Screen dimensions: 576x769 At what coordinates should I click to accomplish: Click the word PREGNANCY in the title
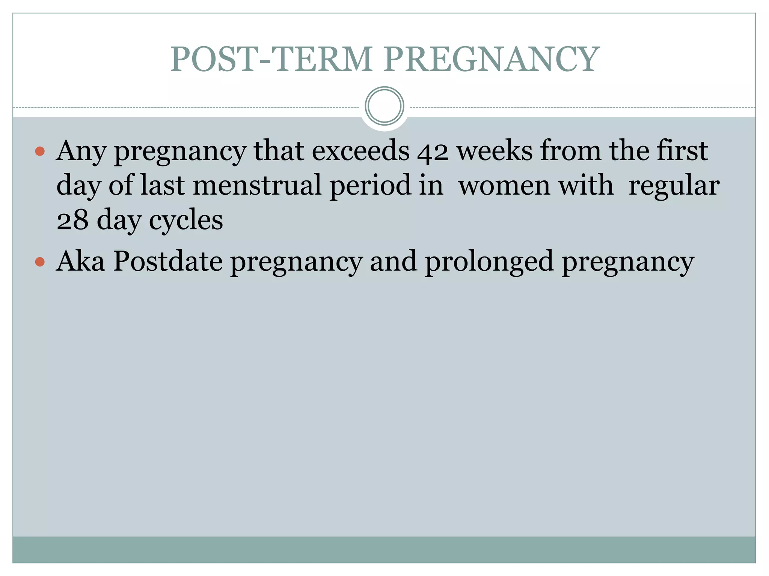pos(492,59)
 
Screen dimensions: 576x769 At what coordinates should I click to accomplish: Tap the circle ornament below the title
pos(384,106)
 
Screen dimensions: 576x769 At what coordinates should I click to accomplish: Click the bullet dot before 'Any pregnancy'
pos(40,152)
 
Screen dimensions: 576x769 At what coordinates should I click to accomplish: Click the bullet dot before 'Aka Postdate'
pos(40,262)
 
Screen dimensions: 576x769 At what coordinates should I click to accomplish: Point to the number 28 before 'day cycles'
pos(72,220)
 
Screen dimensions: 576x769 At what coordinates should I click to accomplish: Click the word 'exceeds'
pos(360,151)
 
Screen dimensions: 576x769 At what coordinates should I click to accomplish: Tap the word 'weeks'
pos(495,151)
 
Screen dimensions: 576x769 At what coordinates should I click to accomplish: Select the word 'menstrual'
pos(257,185)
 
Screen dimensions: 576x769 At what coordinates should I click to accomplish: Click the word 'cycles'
pos(186,221)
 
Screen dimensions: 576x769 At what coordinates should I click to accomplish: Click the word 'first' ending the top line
pos(682,151)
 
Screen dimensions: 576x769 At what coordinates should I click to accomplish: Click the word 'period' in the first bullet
pos(370,186)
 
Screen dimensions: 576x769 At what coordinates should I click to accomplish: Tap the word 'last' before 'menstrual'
pos(163,185)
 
